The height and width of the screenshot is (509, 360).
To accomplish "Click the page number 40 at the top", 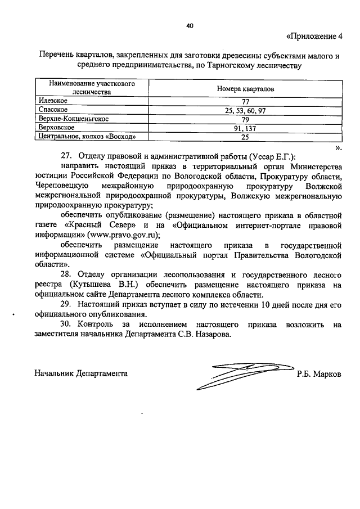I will (x=190, y=25).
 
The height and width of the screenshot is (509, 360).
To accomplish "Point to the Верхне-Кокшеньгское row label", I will (x=73, y=119).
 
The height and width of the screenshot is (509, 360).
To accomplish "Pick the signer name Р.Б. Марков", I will (x=319, y=374).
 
